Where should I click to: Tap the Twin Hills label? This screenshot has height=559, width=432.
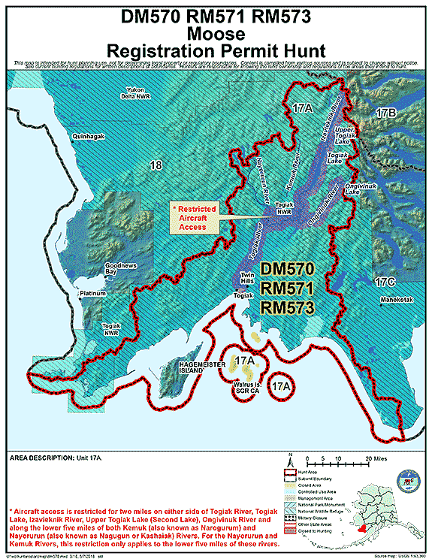247,279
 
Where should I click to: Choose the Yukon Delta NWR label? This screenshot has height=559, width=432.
140,94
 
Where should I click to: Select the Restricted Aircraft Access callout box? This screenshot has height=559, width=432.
194,216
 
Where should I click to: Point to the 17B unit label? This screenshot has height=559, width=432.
384,113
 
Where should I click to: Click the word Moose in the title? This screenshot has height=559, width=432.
216,34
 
